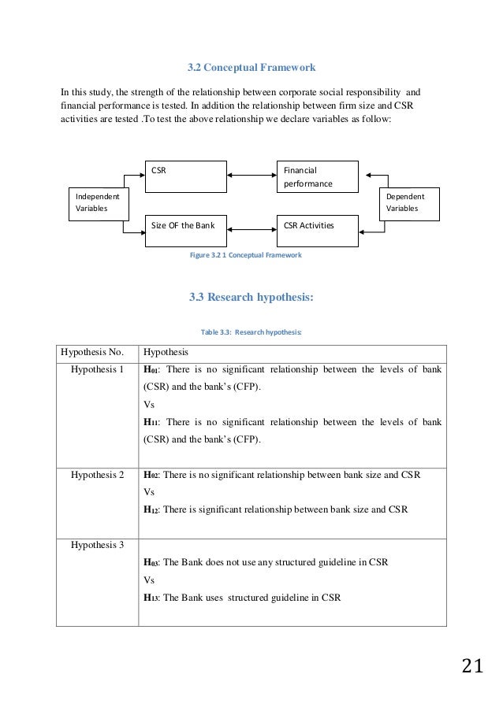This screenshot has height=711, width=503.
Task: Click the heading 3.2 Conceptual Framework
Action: (251, 68)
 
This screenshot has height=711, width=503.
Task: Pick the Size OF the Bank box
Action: (184, 226)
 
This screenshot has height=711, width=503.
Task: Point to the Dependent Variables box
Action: (409, 202)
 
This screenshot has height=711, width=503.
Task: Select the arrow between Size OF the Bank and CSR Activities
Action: (251, 229)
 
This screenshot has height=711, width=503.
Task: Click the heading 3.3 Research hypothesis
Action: (251, 298)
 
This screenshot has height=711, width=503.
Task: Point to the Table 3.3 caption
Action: (251, 332)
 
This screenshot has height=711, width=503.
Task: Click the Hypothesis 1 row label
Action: (98, 368)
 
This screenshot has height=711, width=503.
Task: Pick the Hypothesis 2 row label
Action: (98, 475)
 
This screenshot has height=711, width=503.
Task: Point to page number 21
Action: (471, 668)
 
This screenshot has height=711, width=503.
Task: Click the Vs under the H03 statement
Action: (147, 580)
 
